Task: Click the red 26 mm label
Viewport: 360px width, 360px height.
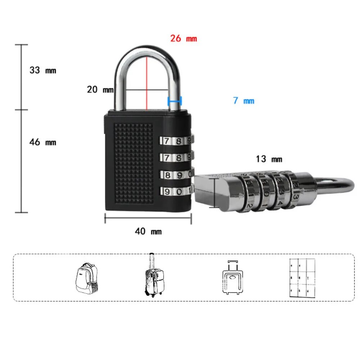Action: coord(183,38)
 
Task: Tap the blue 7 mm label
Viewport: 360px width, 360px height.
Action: coord(243,101)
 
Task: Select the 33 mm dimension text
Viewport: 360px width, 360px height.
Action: coord(43,70)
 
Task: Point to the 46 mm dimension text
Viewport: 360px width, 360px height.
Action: coord(43,142)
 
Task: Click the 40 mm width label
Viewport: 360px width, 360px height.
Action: coord(148,231)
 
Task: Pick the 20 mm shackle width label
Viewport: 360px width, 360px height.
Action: coord(100,89)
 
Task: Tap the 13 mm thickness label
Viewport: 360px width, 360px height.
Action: coord(269,159)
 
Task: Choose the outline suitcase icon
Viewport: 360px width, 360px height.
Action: coord(233,278)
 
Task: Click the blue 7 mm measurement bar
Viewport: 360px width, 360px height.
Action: coord(175,101)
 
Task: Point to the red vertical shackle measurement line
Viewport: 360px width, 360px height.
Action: coord(147,83)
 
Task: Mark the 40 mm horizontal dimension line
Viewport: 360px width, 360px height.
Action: coord(148,218)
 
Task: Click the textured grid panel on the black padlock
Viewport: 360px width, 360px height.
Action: coord(133,164)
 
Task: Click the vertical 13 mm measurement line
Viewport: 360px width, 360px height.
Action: coord(215,193)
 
